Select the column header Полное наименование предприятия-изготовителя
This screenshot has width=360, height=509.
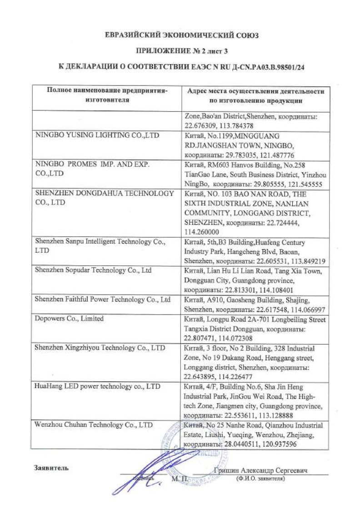pos(107,95)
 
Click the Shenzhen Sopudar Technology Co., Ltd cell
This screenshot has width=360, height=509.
pos(93,270)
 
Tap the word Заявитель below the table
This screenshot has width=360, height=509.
pos(51,468)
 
